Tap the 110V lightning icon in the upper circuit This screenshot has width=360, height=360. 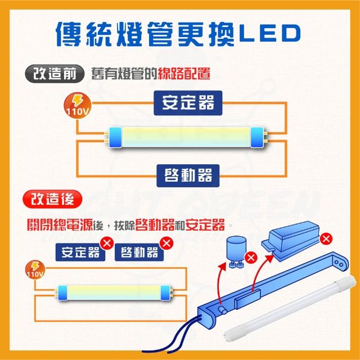(75, 105)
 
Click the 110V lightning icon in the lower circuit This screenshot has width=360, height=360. (34, 269)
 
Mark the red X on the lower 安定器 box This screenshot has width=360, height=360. (106, 243)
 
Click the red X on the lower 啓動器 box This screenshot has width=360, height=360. (166, 243)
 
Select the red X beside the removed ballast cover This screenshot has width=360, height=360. (325, 240)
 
